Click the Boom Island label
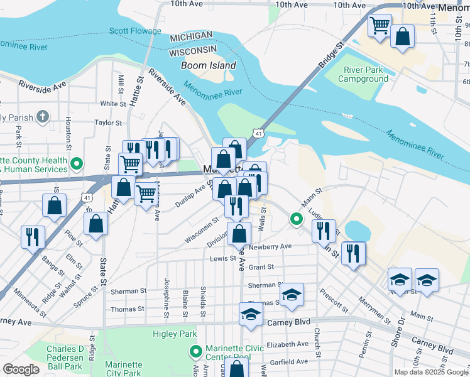coord(209,65)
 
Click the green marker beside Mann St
coord(296,219)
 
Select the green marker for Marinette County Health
coord(77,164)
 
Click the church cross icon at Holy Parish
coord(42,116)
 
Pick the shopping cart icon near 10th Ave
coord(379,26)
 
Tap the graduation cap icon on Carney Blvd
coord(251,314)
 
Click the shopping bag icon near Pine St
coord(95,224)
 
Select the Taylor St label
coord(108,123)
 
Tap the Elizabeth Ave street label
coord(287,344)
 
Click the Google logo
coord(21,369)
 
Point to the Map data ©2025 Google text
coord(430,372)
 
